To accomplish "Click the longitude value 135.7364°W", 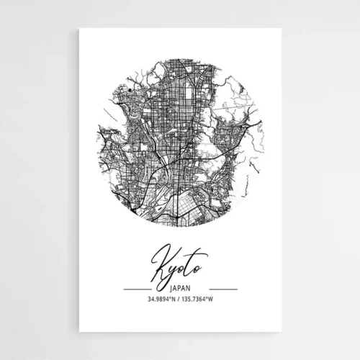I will (199, 299).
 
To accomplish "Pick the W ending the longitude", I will (212, 299).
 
